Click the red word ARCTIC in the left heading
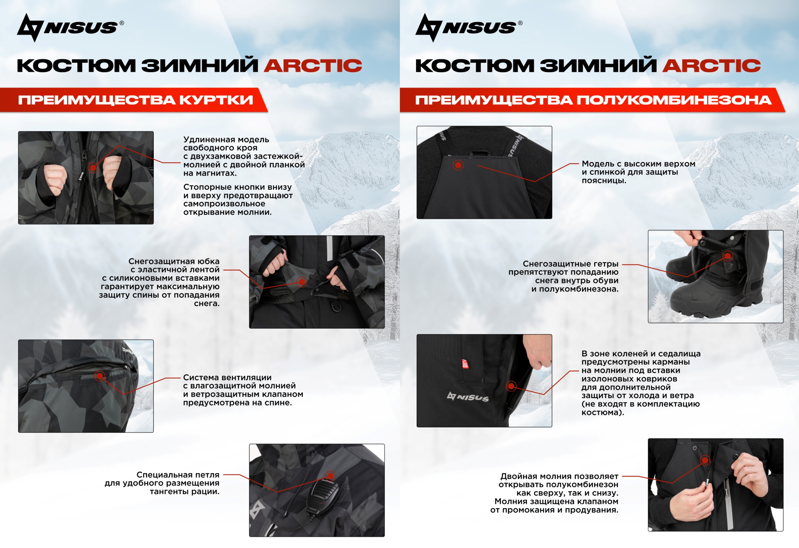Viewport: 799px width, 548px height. (x=313, y=65)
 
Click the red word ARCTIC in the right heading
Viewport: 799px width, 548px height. (x=711, y=65)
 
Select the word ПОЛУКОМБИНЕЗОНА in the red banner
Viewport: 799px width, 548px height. (x=674, y=100)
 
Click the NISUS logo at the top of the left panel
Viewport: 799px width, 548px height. (x=70, y=28)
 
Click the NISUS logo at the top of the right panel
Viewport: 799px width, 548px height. (x=469, y=28)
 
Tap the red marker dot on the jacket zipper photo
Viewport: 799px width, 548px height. (x=93, y=167)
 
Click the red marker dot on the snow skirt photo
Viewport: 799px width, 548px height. (x=302, y=282)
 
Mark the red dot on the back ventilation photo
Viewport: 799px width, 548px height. (x=100, y=376)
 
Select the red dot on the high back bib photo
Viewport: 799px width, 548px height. (x=458, y=165)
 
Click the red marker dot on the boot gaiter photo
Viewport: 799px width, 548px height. (x=728, y=256)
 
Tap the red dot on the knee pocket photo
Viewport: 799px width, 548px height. (x=511, y=386)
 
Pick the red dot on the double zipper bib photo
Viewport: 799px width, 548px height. (x=705, y=460)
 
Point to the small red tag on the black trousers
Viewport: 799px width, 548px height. (x=465, y=364)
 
